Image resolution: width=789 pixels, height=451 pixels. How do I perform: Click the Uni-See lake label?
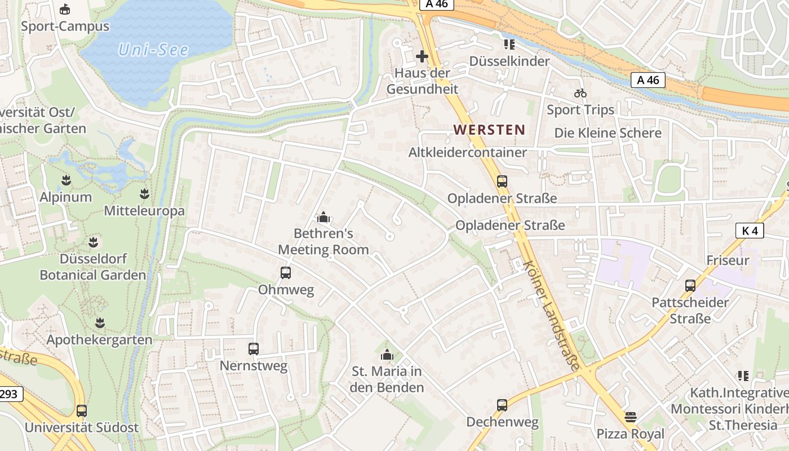tap(153, 50)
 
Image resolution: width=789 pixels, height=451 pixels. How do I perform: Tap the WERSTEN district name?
tap(489, 130)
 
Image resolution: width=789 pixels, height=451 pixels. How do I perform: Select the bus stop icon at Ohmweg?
tap(286, 273)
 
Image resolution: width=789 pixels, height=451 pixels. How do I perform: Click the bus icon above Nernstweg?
tap(254, 349)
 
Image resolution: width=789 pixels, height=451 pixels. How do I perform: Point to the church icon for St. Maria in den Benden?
tap(387, 355)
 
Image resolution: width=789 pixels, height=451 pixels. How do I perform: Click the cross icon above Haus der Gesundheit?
tap(422, 56)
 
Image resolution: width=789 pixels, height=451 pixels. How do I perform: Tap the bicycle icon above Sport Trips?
tap(580, 93)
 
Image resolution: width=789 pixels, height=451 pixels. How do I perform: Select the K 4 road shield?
tap(750, 231)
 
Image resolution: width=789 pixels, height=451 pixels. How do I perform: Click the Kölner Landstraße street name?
tap(551, 316)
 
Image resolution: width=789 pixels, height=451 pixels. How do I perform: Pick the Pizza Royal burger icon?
tap(631, 417)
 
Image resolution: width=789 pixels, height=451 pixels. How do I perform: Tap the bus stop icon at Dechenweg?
tap(502, 405)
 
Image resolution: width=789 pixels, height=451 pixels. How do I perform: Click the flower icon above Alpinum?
tap(66, 180)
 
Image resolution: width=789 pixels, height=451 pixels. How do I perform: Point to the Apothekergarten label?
tap(99, 340)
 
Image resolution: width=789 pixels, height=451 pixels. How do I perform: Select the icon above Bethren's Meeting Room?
tap(323, 217)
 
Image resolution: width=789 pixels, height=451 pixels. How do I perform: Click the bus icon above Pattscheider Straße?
tap(690, 285)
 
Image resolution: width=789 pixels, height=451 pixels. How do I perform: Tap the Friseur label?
tap(728, 260)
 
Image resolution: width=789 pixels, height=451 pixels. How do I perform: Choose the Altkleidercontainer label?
tap(468, 152)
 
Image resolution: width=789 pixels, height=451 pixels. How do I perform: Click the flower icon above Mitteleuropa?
tap(144, 194)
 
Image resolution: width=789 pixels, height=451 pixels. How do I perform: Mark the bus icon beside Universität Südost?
tap(82, 410)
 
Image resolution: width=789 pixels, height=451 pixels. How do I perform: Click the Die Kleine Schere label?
tap(608, 133)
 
